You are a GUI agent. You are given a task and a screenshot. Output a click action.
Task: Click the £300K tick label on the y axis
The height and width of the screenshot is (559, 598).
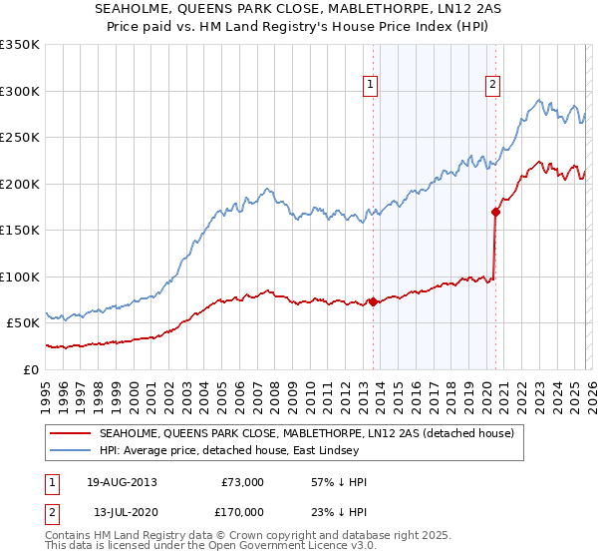tap(20, 91)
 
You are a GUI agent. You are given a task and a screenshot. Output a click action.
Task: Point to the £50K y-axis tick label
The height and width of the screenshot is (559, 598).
tap(23, 323)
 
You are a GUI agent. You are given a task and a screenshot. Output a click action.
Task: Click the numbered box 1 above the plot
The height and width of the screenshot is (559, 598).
tap(370, 86)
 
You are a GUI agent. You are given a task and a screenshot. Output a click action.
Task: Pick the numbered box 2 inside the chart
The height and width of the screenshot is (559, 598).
tap(492, 86)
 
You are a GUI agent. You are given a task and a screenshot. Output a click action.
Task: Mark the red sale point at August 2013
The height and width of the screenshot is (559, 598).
tap(373, 301)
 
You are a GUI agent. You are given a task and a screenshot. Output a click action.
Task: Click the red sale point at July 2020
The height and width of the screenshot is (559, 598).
tap(494, 212)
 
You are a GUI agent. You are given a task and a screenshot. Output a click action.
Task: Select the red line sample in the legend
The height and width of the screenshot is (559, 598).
tap(71, 433)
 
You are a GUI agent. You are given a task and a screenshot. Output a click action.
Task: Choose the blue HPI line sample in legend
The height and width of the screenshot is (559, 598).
tap(71, 451)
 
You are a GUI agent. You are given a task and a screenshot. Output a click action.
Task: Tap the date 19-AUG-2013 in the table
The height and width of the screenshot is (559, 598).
tap(122, 482)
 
